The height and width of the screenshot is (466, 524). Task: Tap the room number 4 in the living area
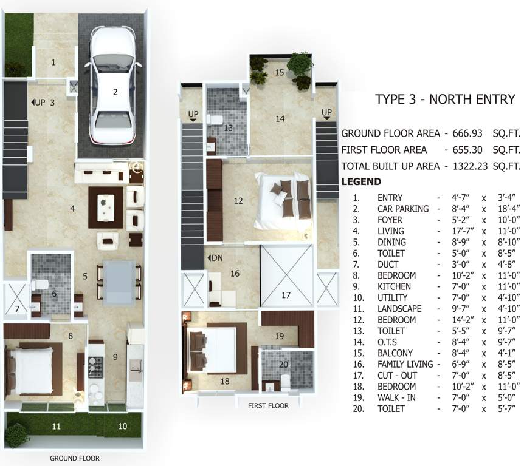72,209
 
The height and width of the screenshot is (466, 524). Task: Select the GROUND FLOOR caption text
75,459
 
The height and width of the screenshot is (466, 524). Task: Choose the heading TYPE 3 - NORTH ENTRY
445,100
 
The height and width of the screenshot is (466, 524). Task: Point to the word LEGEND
361,181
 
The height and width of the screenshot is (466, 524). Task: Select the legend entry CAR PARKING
403,209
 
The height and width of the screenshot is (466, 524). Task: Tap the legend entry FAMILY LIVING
405,364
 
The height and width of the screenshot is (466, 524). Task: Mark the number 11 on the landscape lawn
56,426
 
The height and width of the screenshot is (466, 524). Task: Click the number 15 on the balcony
279,72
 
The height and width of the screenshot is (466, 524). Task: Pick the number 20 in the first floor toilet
283,365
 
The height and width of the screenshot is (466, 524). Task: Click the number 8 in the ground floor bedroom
71,336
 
